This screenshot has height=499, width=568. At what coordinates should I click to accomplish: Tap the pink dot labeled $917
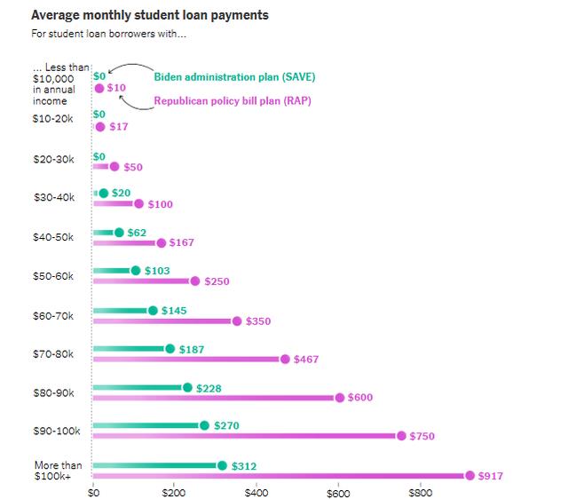click(x=469, y=476)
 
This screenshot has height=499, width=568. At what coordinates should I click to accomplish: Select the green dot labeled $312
click(x=222, y=465)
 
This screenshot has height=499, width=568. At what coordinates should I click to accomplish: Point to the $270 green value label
click(x=226, y=426)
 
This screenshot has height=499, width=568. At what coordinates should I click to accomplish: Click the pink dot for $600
click(x=340, y=398)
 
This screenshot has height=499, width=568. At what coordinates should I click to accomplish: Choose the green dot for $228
click(x=187, y=387)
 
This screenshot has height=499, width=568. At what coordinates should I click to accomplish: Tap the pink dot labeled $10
click(x=99, y=88)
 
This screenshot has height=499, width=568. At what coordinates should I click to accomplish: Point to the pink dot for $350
click(x=237, y=321)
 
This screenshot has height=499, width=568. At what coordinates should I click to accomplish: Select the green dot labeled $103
click(x=136, y=271)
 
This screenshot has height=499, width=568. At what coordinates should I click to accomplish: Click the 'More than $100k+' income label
click(x=58, y=471)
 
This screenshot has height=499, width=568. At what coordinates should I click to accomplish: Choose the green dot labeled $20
click(x=104, y=193)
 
